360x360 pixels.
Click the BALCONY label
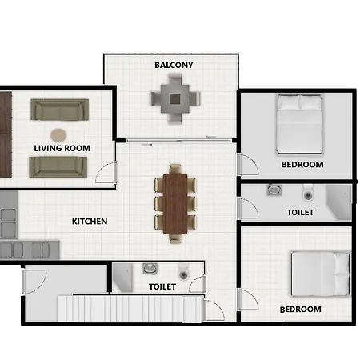coord(174,65)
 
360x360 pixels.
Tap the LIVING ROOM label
coord(62,148)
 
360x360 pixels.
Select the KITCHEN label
coord(90,222)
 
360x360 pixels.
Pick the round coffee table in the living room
coord(58,134)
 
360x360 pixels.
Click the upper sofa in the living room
coord(59,110)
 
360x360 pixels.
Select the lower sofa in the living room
coord(58,166)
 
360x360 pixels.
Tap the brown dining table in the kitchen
coord(174,202)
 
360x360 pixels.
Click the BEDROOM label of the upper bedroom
coord(302,165)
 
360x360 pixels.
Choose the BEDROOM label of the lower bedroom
coord(300,310)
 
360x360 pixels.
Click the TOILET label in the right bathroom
coord(300,213)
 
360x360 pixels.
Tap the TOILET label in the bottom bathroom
coord(162,286)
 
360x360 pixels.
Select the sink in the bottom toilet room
coord(148,270)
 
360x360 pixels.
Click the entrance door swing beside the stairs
coord(34,280)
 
